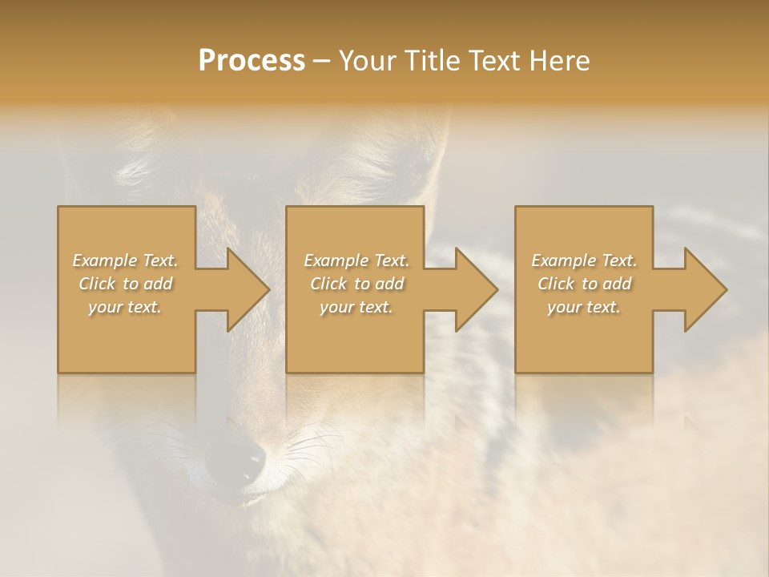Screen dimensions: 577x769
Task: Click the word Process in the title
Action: coord(252,61)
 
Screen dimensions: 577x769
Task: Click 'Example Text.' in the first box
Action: coord(126,260)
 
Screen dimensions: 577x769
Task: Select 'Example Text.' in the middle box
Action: coord(356,260)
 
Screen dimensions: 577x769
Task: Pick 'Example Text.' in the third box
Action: coord(584,260)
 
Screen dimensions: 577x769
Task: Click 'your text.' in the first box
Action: coord(126,307)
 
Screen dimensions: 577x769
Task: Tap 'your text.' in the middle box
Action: coord(356,307)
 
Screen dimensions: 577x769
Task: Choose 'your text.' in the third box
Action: coord(584,307)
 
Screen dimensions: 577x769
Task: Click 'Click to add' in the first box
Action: coord(126,284)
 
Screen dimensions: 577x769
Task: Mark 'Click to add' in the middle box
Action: coord(356,284)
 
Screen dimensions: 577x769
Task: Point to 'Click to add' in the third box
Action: coord(584,284)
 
